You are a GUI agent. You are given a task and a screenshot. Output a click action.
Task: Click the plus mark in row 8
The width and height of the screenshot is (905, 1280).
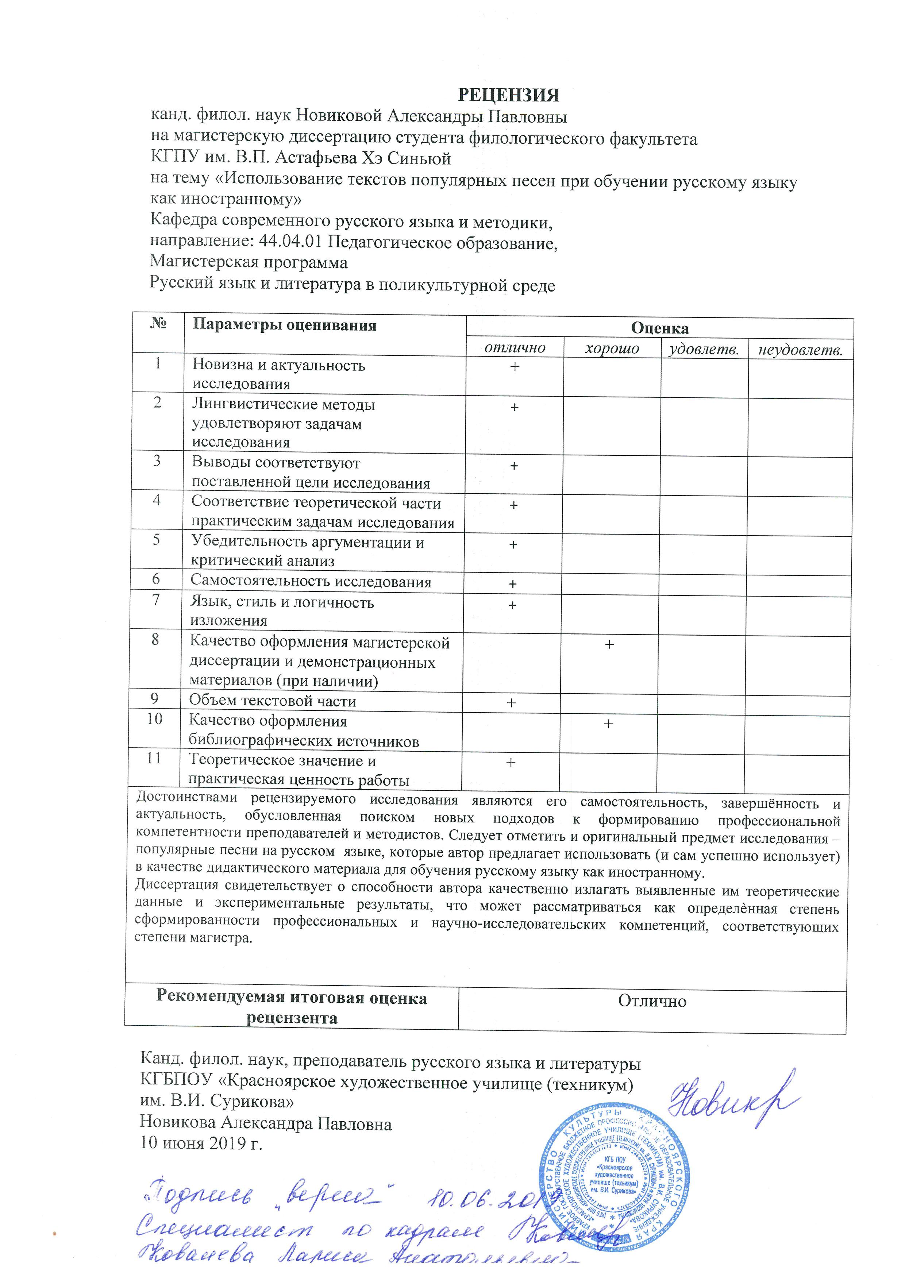tap(609, 644)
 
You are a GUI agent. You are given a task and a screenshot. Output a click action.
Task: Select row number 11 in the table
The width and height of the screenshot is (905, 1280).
tap(154, 758)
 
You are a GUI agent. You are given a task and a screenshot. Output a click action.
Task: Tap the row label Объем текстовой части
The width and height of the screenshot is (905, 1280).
tap(272, 701)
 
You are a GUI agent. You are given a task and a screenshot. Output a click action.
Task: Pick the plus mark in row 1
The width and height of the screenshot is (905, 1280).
tap(514, 366)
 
